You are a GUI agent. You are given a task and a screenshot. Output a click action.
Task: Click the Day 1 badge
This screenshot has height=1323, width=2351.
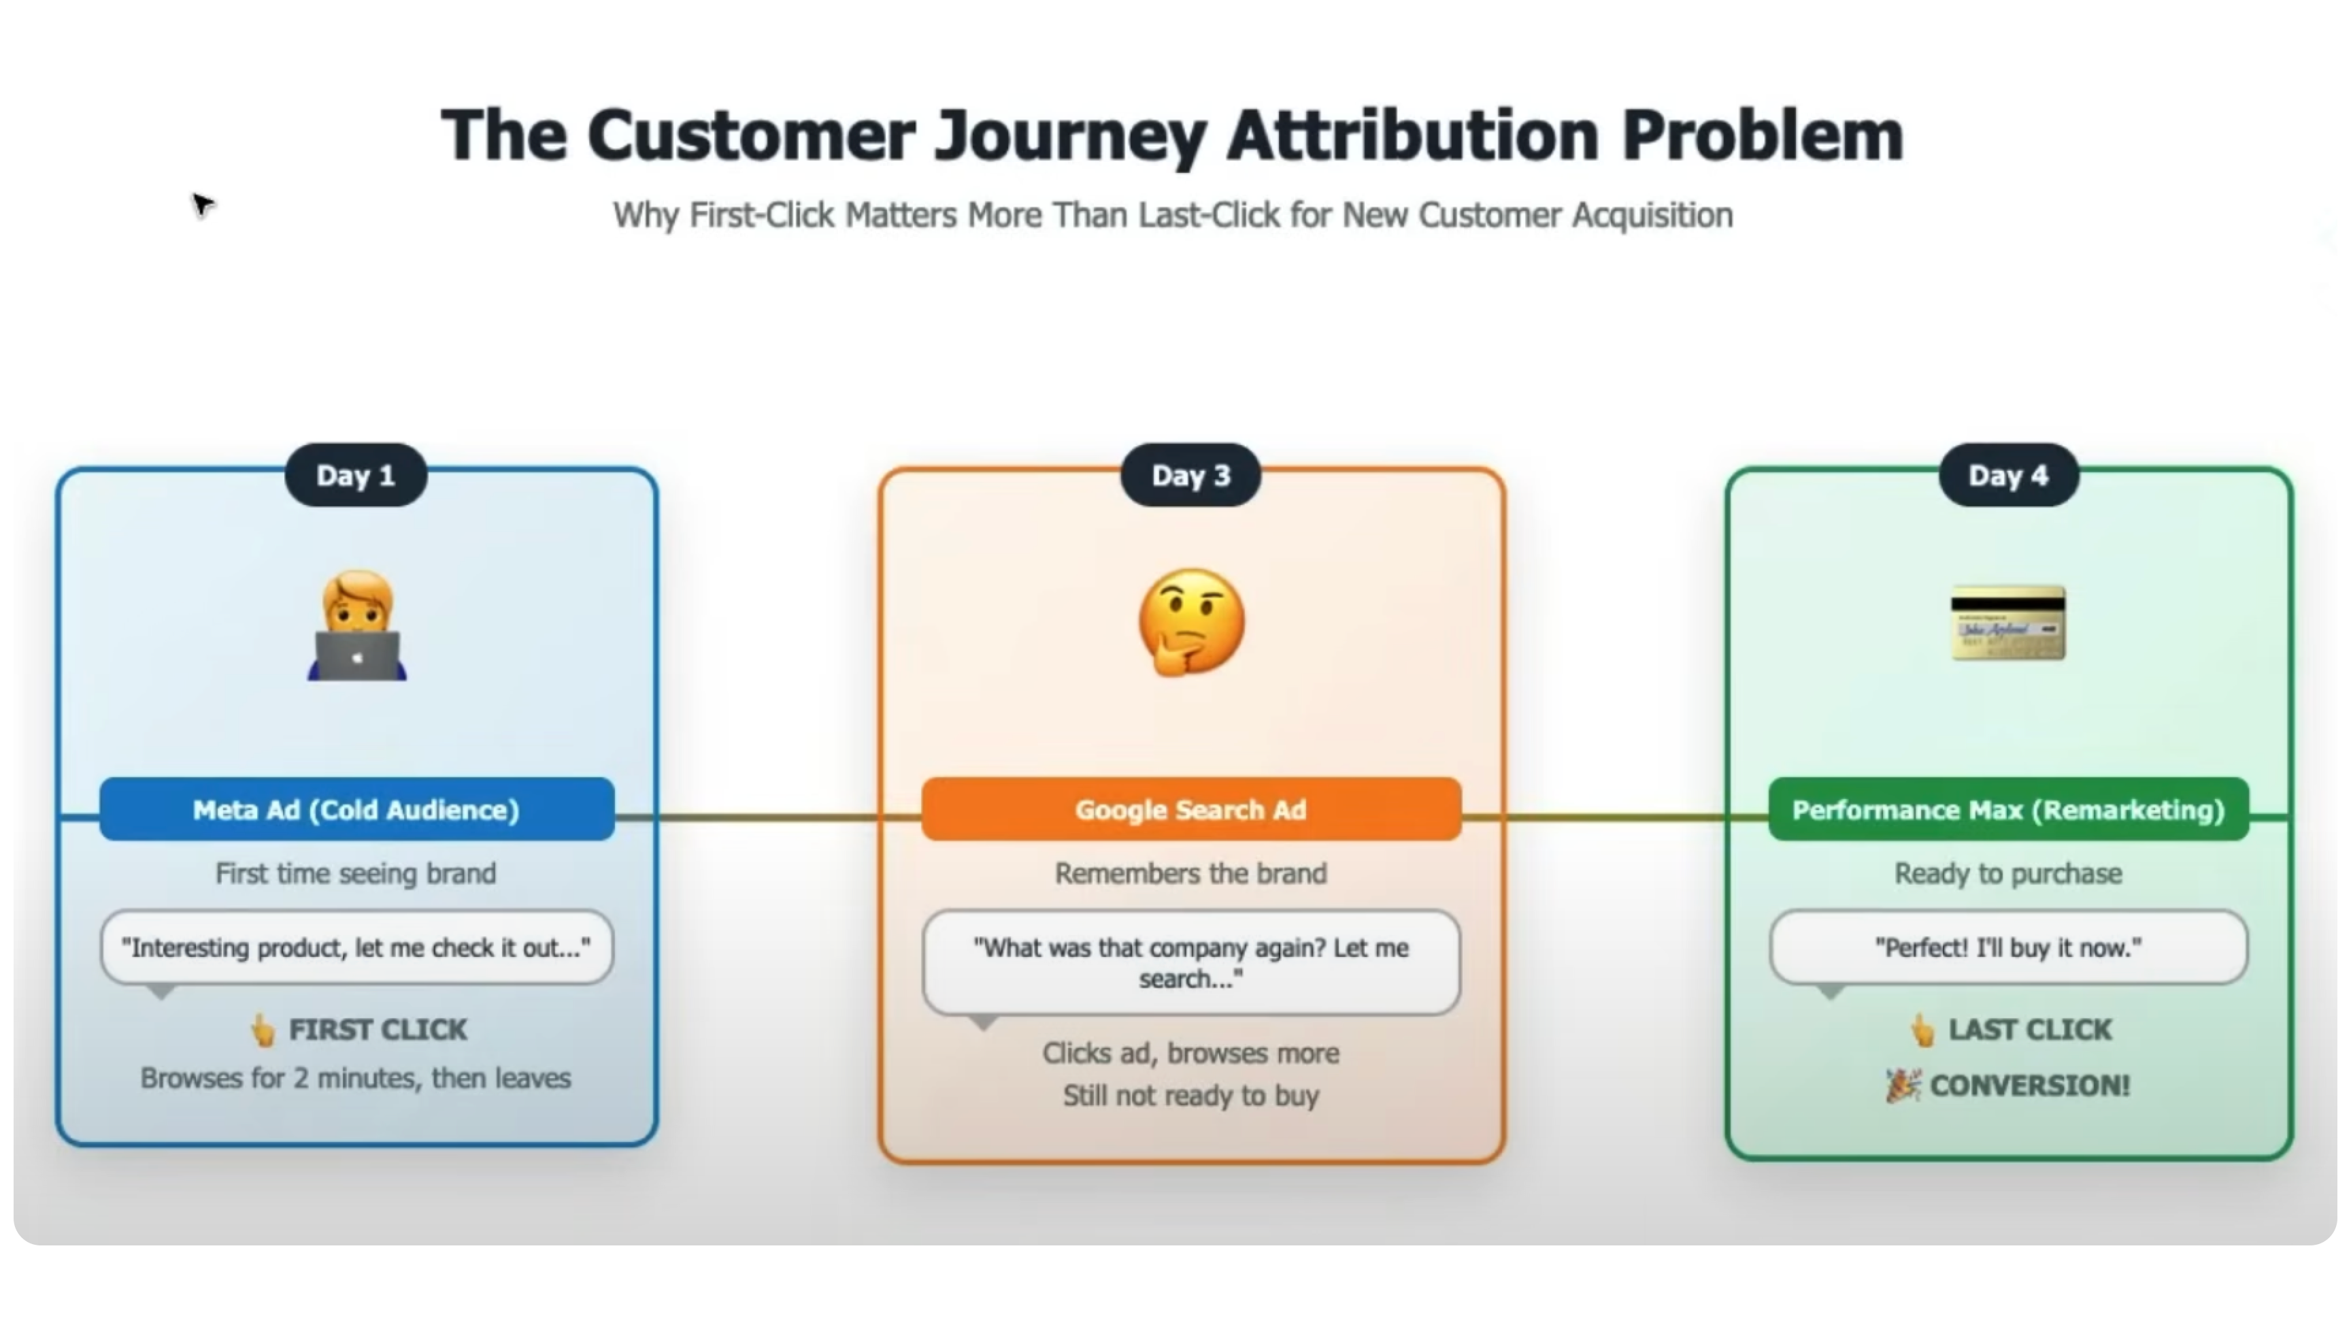tap(355, 476)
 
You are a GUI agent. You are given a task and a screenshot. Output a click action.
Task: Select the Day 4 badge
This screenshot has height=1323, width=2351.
tap(2008, 476)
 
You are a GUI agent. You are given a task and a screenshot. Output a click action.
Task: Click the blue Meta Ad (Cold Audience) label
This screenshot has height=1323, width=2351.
tap(356, 810)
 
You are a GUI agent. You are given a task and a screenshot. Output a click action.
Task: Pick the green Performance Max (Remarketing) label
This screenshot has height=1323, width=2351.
tap(2008, 810)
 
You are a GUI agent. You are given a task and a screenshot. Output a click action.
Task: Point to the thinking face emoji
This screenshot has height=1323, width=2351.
tap(1191, 623)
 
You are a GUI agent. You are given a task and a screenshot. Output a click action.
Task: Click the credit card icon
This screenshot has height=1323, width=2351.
tap(2008, 623)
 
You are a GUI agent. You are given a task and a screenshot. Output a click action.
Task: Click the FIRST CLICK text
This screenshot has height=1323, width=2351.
tap(378, 1030)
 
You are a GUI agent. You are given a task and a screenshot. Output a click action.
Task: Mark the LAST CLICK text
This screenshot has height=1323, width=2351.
tap(2030, 1030)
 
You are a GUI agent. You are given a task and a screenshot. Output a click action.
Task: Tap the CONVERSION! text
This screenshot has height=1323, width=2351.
tap(2030, 1085)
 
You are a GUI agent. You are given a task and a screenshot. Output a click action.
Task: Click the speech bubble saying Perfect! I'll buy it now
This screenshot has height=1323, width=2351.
tap(2008, 948)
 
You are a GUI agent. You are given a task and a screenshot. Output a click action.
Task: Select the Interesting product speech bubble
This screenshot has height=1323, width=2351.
tap(356, 948)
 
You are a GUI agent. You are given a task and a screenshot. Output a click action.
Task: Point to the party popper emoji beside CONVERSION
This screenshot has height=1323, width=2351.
tap(1904, 1085)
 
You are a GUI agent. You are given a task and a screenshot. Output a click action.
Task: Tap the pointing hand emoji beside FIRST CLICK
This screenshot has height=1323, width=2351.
tap(263, 1030)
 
